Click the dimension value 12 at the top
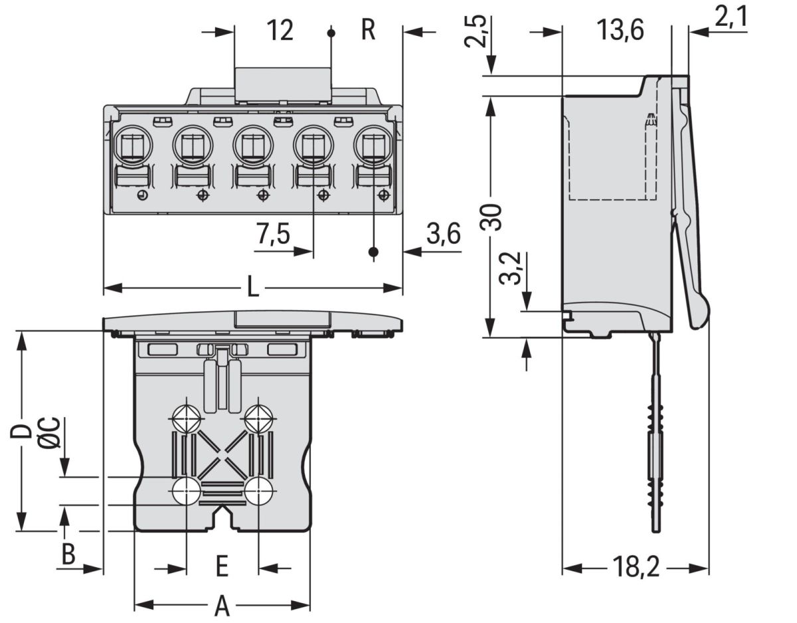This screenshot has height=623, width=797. [280, 31]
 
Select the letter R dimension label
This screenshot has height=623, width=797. [368, 31]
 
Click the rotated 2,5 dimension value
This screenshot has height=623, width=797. [477, 31]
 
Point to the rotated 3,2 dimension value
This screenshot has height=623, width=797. [511, 268]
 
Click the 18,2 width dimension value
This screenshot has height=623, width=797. [635, 569]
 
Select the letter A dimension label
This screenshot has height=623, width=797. [222, 606]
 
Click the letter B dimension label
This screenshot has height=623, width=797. [68, 554]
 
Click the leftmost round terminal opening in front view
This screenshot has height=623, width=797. [133, 142]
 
